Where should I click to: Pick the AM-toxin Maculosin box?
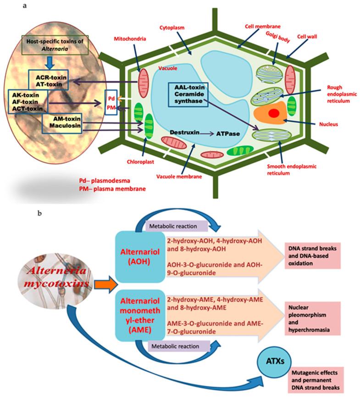pyautogui.click(x=62, y=123)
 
